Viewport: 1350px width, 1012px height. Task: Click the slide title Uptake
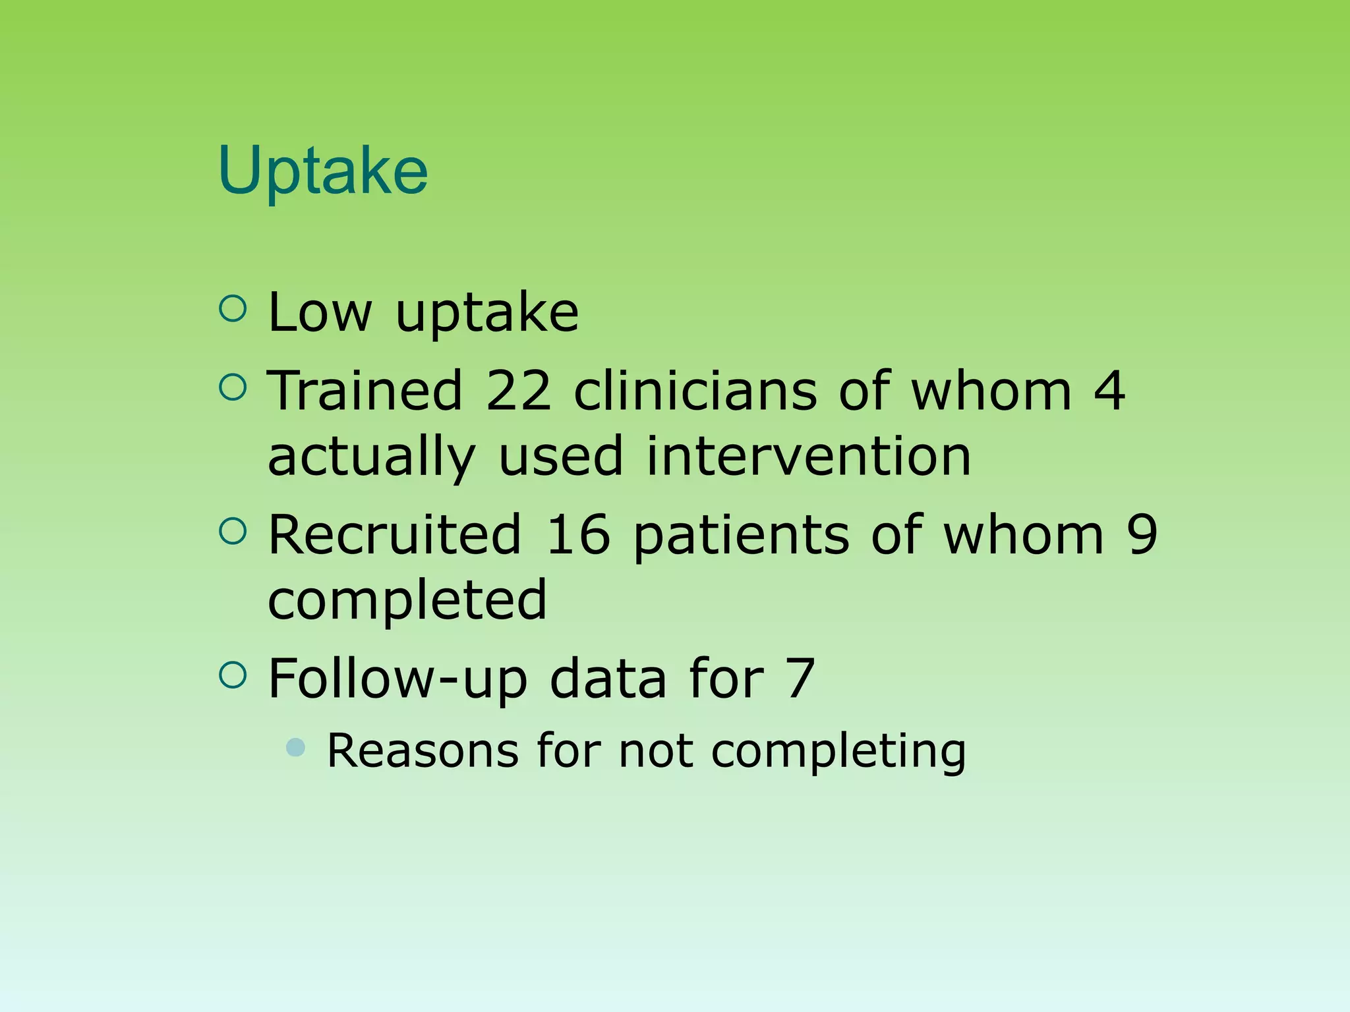(x=323, y=171)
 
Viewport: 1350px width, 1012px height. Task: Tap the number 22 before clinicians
(x=518, y=391)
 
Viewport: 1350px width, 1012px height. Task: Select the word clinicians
(x=695, y=391)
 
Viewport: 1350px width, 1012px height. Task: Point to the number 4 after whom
(x=1109, y=391)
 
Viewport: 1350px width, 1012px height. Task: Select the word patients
(x=741, y=536)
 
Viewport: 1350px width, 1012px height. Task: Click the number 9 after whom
(x=1142, y=534)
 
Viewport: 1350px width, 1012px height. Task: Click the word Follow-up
(x=397, y=679)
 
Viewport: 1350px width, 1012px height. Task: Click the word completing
(x=838, y=752)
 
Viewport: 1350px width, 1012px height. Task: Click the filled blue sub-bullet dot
(x=297, y=747)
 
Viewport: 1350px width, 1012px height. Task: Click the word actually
(x=371, y=457)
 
